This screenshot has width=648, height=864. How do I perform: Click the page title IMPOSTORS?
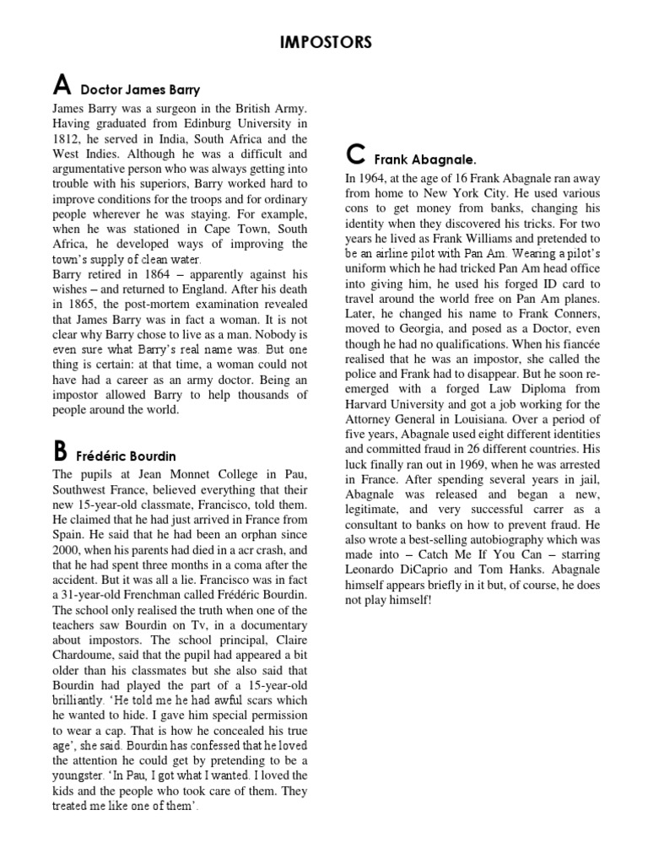[x=324, y=43]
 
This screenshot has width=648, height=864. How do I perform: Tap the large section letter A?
[x=61, y=85]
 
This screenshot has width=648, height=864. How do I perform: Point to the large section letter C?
[x=355, y=155]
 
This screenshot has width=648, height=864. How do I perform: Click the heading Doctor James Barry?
[x=140, y=89]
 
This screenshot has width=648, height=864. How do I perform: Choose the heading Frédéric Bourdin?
[x=127, y=456]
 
